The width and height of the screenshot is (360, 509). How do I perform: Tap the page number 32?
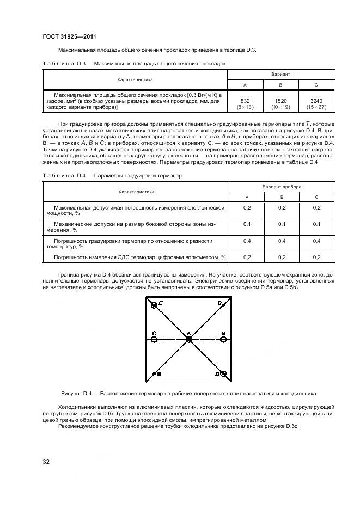[x=47, y=462]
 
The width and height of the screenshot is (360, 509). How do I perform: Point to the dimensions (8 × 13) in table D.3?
[x=245, y=107]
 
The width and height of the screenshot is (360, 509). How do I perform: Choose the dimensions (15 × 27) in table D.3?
[x=316, y=107]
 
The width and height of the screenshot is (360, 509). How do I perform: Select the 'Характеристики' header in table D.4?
[x=136, y=192]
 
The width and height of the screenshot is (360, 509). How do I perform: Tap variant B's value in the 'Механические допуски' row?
[x=281, y=224]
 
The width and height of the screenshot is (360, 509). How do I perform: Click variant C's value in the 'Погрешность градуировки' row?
[x=316, y=241]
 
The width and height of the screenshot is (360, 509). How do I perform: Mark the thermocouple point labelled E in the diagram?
[x=155, y=305]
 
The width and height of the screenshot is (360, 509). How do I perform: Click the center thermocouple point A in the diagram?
[x=188, y=340]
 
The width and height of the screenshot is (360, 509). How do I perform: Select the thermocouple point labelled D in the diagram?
[x=223, y=374]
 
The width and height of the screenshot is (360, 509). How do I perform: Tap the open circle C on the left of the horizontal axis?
[x=154, y=340]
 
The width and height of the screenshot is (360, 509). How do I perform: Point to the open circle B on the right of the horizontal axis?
[x=223, y=340]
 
